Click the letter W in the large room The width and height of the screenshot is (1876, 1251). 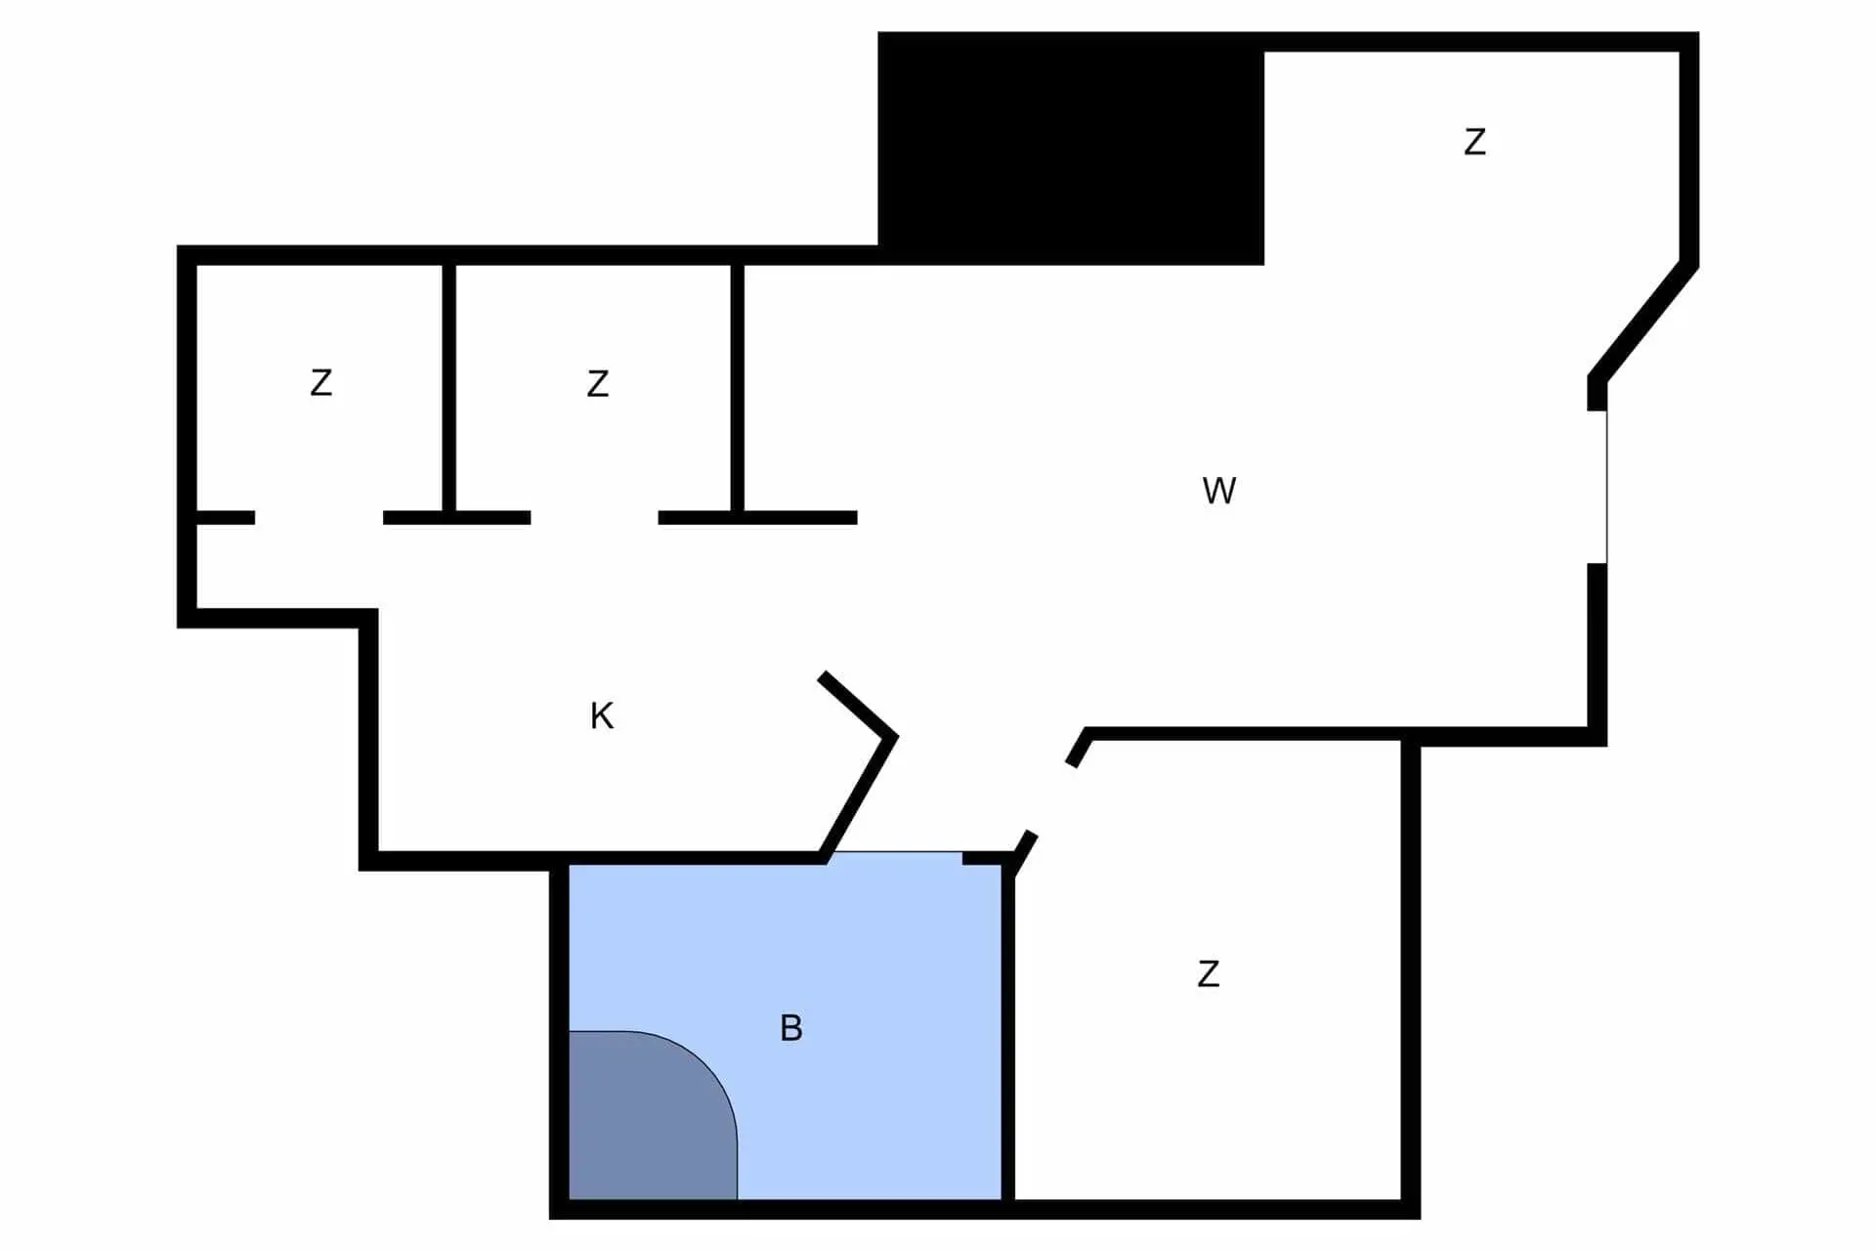[1218, 490]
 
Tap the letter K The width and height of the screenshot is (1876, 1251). [602, 716]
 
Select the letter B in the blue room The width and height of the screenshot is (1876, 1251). [791, 1028]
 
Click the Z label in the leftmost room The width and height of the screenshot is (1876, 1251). [320, 382]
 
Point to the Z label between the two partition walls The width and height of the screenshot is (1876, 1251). [598, 383]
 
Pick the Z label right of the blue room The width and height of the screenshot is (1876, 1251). [1209, 974]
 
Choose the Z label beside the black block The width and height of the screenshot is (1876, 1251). [1475, 143]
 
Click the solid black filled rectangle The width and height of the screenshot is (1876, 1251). [1071, 148]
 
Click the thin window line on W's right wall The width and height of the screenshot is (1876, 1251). [1606, 487]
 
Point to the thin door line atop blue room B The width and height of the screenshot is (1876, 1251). [897, 852]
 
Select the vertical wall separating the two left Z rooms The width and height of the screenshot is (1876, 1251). [449, 387]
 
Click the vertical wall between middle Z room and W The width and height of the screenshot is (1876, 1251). [738, 387]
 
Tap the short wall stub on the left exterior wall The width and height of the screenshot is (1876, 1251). [226, 518]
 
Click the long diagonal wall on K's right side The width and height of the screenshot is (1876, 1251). [858, 798]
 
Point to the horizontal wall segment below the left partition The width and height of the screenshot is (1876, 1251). [456, 518]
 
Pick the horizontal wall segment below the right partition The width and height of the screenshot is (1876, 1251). [757, 518]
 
